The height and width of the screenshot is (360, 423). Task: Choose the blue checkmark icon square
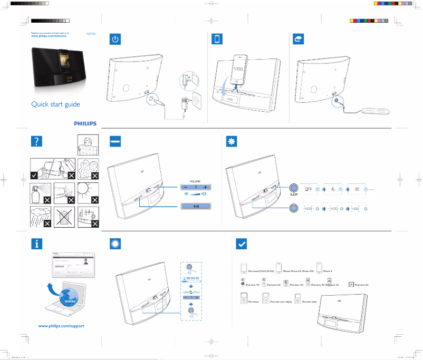tap(241, 244)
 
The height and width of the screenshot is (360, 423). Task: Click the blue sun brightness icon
tap(230, 141)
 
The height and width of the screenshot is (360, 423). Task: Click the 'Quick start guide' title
tap(55, 104)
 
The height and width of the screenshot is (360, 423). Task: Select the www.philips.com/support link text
tap(61, 326)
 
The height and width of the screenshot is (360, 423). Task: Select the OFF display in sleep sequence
tap(310, 188)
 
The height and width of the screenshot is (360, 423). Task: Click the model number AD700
tap(91, 33)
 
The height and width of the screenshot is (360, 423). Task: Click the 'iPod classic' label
tap(256, 301)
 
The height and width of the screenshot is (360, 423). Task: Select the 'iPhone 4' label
tap(328, 271)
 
